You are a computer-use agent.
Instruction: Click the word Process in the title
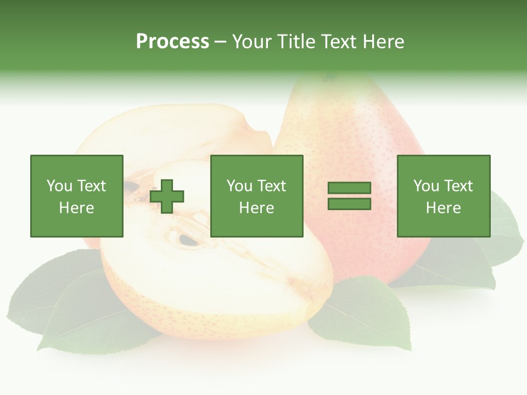pyautogui.click(x=172, y=42)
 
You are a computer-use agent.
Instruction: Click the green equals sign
pyautogui.click(x=349, y=196)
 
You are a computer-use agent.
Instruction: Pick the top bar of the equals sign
pyautogui.click(x=349, y=188)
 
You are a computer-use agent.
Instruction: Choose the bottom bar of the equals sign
pyautogui.click(x=349, y=204)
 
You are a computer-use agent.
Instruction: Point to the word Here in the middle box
pyautogui.click(x=256, y=208)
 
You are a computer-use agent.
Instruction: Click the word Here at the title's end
pyautogui.click(x=384, y=42)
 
